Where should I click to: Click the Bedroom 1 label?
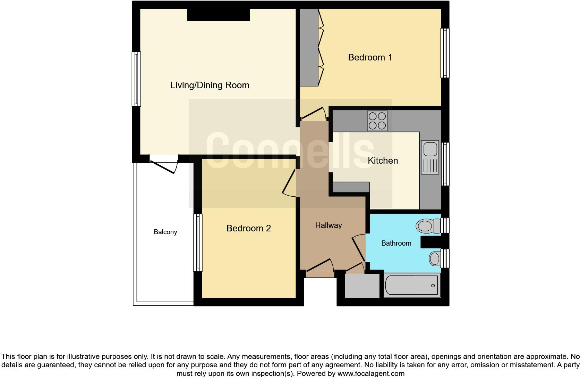370,57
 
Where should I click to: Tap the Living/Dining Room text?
210,85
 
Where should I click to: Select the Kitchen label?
383,161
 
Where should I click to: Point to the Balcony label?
165,232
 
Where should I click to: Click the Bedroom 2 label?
248,228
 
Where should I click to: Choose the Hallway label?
328,225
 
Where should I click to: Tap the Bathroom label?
396,243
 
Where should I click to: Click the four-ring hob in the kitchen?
377,121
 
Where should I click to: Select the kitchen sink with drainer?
430,157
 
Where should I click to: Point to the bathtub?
412,285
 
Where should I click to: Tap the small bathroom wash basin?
435,258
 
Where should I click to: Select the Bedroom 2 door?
289,182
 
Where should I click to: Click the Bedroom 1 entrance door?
313,113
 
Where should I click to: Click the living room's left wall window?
136,79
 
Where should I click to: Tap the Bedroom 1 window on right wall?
445,53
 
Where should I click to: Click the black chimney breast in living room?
219,15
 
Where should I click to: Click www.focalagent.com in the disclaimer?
371,374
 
